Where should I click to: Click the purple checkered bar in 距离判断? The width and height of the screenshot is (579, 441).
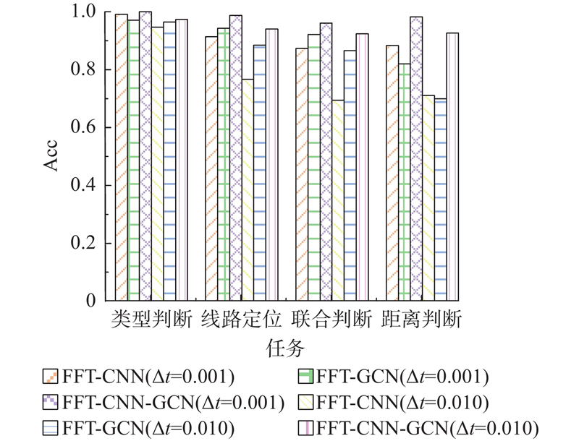click(416, 158)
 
